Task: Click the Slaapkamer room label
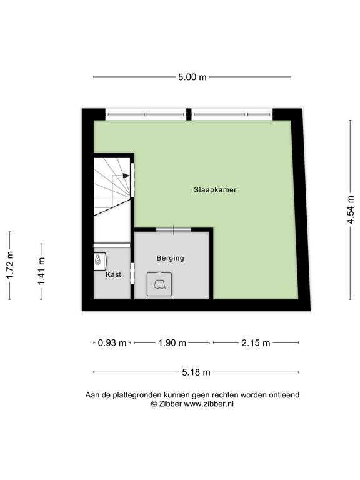coord(215,190)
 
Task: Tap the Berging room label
coord(170,258)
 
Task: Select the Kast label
coord(113,274)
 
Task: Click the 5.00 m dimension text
coord(192,77)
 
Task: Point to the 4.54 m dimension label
coord(351,210)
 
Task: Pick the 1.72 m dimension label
coord(10,265)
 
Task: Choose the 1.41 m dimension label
coord(41,271)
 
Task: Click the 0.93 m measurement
coord(112,343)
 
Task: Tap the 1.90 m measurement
coord(172,343)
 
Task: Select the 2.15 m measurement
coord(256,343)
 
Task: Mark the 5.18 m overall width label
coord(196,372)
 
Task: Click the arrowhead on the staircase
coord(126,176)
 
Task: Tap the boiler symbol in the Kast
coord(99,261)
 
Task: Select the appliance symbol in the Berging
coord(159,284)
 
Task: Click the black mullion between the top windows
coord(189,114)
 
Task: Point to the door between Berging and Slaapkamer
coord(174,229)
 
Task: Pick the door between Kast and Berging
coord(132,273)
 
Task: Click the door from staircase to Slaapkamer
coord(132,180)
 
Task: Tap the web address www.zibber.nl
coord(209,404)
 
